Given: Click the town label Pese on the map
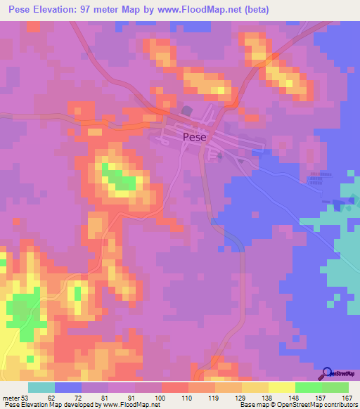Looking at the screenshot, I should click(194, 138).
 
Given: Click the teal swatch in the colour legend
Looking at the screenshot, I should click(41, 388).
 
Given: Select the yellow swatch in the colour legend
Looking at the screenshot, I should click(282, 388).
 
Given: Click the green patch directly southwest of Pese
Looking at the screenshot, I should click(120, 179).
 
